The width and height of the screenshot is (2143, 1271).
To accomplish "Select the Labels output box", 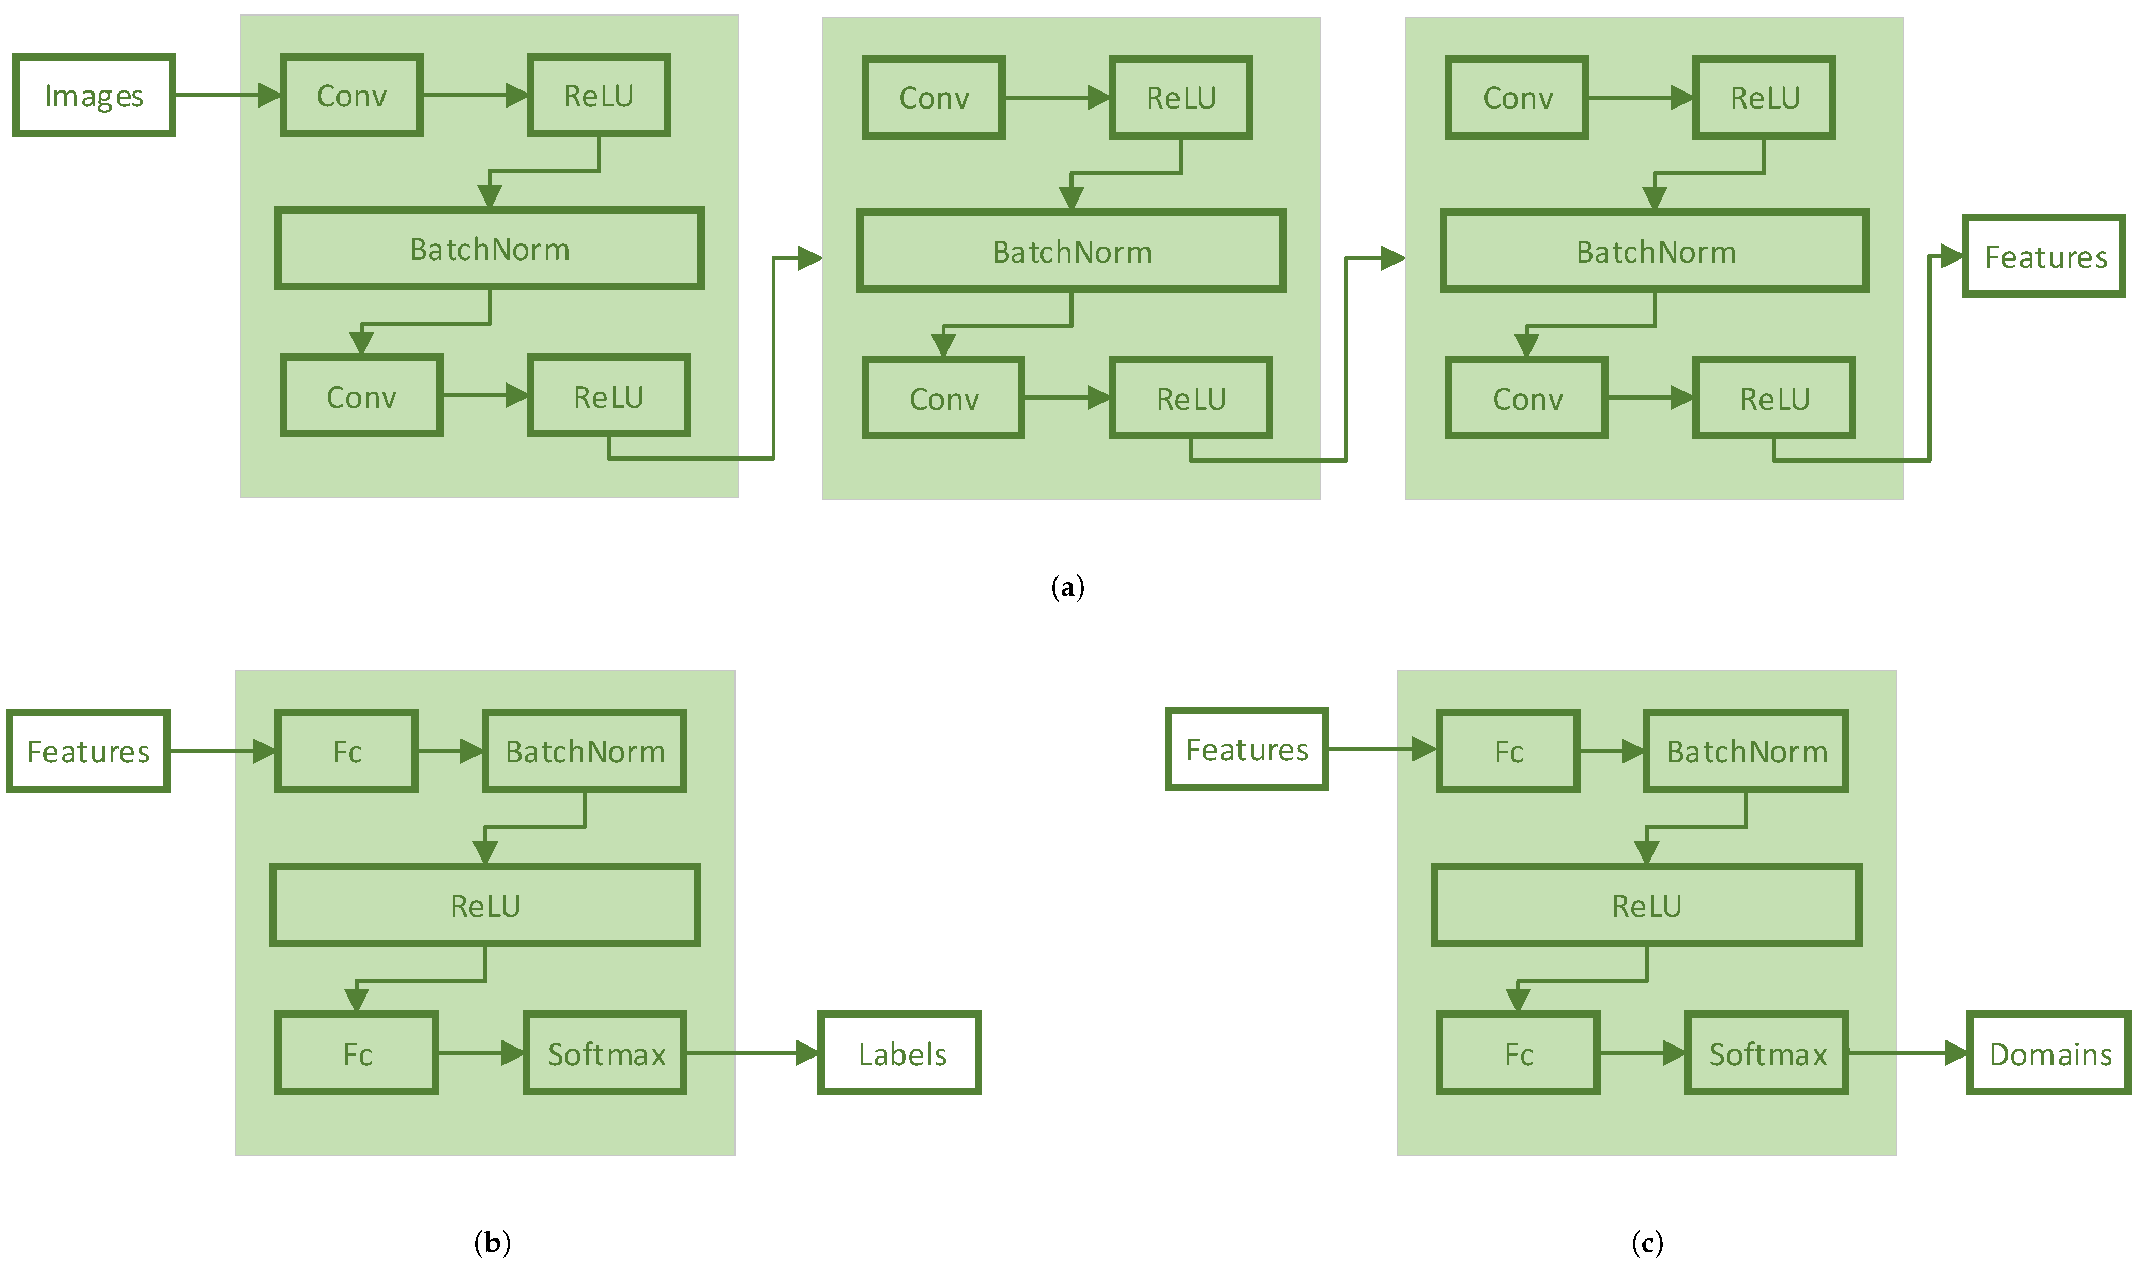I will tap(899, 1053).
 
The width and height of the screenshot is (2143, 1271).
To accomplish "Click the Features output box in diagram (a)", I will tap(2044, 256).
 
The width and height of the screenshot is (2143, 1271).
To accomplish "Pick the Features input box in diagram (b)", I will tap(88, 751).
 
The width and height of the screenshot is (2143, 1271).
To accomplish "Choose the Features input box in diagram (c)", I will tap(1246, 749).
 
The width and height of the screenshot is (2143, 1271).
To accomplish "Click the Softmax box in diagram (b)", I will tap(606, 1053).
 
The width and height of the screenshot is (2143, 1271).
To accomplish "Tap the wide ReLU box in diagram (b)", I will tap(485, 905).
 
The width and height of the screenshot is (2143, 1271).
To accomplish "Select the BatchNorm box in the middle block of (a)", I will tap(1071, 251).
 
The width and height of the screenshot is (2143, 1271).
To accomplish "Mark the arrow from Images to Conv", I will tap(227, 95).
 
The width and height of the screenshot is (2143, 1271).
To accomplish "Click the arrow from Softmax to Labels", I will tap(752, 1053).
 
